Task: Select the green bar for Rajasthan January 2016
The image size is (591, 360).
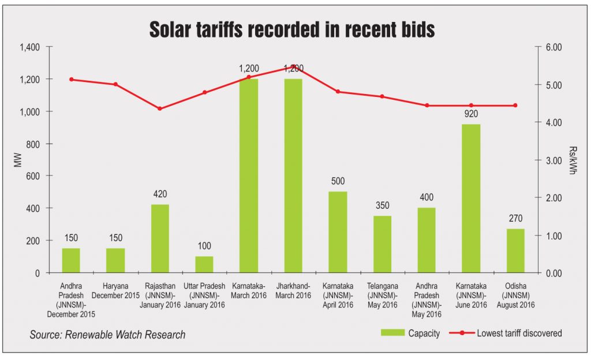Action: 160,238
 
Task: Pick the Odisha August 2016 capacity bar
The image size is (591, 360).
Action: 515,250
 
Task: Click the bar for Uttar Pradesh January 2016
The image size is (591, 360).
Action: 205,264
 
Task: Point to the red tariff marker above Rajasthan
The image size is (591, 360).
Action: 160,108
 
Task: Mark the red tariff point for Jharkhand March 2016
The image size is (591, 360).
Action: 294,66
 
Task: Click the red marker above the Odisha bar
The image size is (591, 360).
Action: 515,106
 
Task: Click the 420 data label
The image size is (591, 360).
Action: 160,194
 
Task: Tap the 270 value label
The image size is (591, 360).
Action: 515,219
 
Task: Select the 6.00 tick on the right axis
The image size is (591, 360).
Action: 555,47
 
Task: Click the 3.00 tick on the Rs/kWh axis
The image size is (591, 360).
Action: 555,160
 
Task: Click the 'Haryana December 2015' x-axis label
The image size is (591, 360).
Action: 115,290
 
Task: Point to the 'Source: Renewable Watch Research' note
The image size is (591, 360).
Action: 108,335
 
